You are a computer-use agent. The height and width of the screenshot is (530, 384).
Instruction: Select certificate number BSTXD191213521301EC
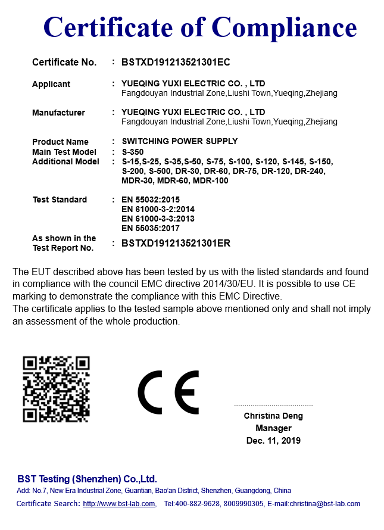tap(176, 62)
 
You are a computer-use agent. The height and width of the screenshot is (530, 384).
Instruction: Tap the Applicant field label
tap(51, 84)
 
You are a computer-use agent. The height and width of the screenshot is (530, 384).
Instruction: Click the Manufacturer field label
tap(58, 113)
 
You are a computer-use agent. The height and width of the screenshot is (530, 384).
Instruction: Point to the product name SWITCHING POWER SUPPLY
tap(179, 142)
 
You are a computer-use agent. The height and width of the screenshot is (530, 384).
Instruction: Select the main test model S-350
tap(133, 152)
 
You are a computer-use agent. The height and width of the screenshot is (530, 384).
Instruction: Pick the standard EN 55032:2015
tap(150, 199)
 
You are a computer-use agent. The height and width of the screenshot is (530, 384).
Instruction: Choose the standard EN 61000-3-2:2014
tap(158, 209)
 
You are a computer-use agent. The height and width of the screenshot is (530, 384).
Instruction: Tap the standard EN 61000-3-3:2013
tap(158, 219)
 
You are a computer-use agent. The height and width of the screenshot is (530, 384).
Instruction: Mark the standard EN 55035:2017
tap(150, 228)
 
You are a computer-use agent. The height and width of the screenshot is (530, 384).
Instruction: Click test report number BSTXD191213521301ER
tap(176, 243)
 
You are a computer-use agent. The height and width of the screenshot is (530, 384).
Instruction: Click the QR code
tap(56, 389)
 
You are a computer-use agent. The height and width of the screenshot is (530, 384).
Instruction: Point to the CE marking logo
tap(168, 392)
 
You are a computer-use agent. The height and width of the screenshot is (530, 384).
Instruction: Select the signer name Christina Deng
tap(273, 416)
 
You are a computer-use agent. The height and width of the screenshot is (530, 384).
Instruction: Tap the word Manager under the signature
tap(273, 428)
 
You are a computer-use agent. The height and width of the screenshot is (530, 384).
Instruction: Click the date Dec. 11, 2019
tap(273, 441)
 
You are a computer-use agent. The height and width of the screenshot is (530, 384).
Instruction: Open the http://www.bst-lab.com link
tap(119, 504)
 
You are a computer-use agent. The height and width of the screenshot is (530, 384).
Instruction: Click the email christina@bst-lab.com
tap(325, 504)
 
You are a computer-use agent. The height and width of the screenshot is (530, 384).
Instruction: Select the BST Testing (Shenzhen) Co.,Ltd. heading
tap(87, 479)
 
